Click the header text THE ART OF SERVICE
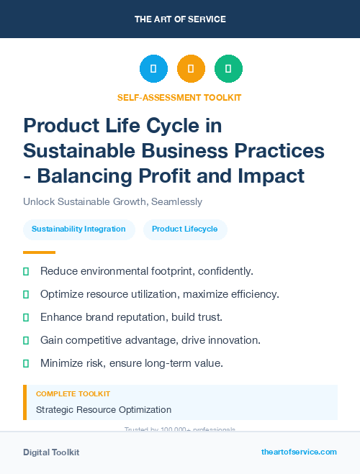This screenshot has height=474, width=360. click(x=180, y=19)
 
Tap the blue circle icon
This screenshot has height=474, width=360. click(x=153, y=69)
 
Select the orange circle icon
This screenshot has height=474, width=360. click(x=191, y=69)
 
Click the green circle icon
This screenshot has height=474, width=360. click(x=228, y=69)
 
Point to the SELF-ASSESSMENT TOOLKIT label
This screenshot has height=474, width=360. click(x=179, y=97)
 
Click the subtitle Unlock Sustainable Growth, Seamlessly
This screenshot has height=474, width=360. click(x=112, y=202)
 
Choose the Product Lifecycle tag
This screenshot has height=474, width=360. click(x=185, y=229)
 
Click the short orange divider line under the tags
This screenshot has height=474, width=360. click(x=39, y=252)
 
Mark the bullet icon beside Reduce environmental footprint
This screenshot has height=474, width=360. click(x=26, y=271)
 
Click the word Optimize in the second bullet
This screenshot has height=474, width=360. click(x=62, y=294)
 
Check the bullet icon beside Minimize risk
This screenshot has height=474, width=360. click(x=26, y=363)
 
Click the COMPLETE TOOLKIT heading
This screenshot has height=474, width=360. click(x=73, y=394)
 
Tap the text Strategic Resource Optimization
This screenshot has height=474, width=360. click(x=104, y=410)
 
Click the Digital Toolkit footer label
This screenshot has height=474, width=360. click(x=51, y=452)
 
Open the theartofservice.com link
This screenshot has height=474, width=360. click(x=299, y=452)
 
